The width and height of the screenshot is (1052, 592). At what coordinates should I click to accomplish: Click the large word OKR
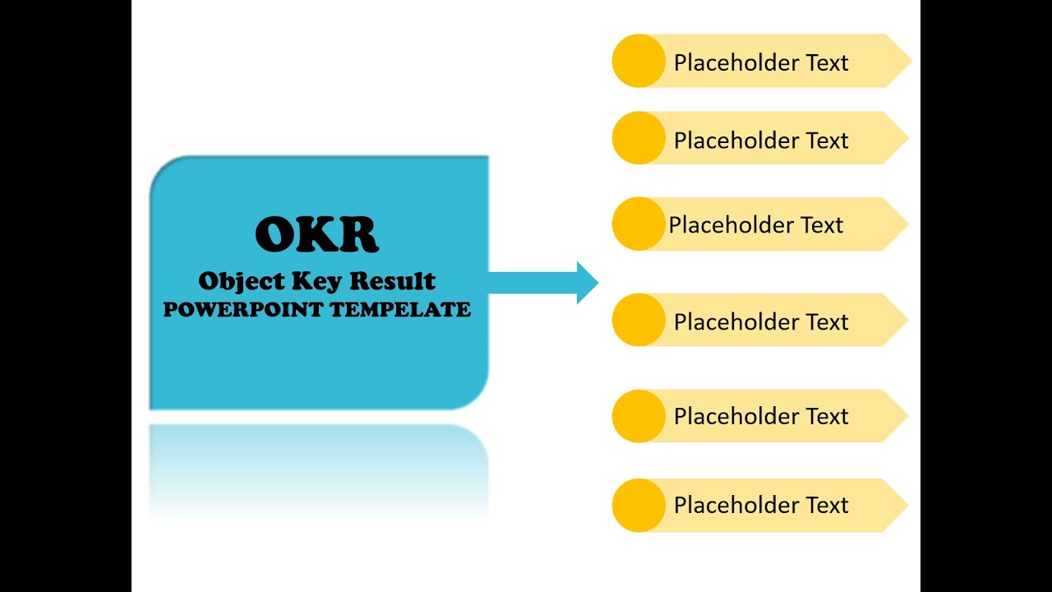click(316, 234)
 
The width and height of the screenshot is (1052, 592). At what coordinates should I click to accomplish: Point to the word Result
click(392, 281)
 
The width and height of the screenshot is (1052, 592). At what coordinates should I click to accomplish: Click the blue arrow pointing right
click(543, 283)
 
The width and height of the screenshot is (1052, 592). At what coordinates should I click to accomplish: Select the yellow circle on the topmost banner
click(639, 61)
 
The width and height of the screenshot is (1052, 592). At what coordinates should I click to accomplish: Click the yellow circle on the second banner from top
click(639, 138)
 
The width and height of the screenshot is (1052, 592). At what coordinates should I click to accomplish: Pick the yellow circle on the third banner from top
click(639, 224)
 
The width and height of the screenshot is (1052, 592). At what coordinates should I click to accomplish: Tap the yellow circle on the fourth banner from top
click(639, 320)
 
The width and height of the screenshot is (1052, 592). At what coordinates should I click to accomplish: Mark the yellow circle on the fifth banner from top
click(639, 416)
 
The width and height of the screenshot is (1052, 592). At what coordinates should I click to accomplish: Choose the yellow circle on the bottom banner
click(639, 505)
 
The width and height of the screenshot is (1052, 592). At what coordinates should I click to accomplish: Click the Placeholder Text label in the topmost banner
click(761, 62)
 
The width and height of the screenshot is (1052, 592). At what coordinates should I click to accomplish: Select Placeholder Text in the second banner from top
click(761, 141)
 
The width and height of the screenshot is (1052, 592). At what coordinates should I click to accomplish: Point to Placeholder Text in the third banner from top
click(756, 225)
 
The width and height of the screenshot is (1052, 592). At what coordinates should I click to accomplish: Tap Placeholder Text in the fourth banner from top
click(761, 321)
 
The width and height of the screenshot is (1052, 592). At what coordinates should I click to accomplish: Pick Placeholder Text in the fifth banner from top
click(761, 416)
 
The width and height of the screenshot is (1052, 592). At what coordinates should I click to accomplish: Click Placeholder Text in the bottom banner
click(761, 505)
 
